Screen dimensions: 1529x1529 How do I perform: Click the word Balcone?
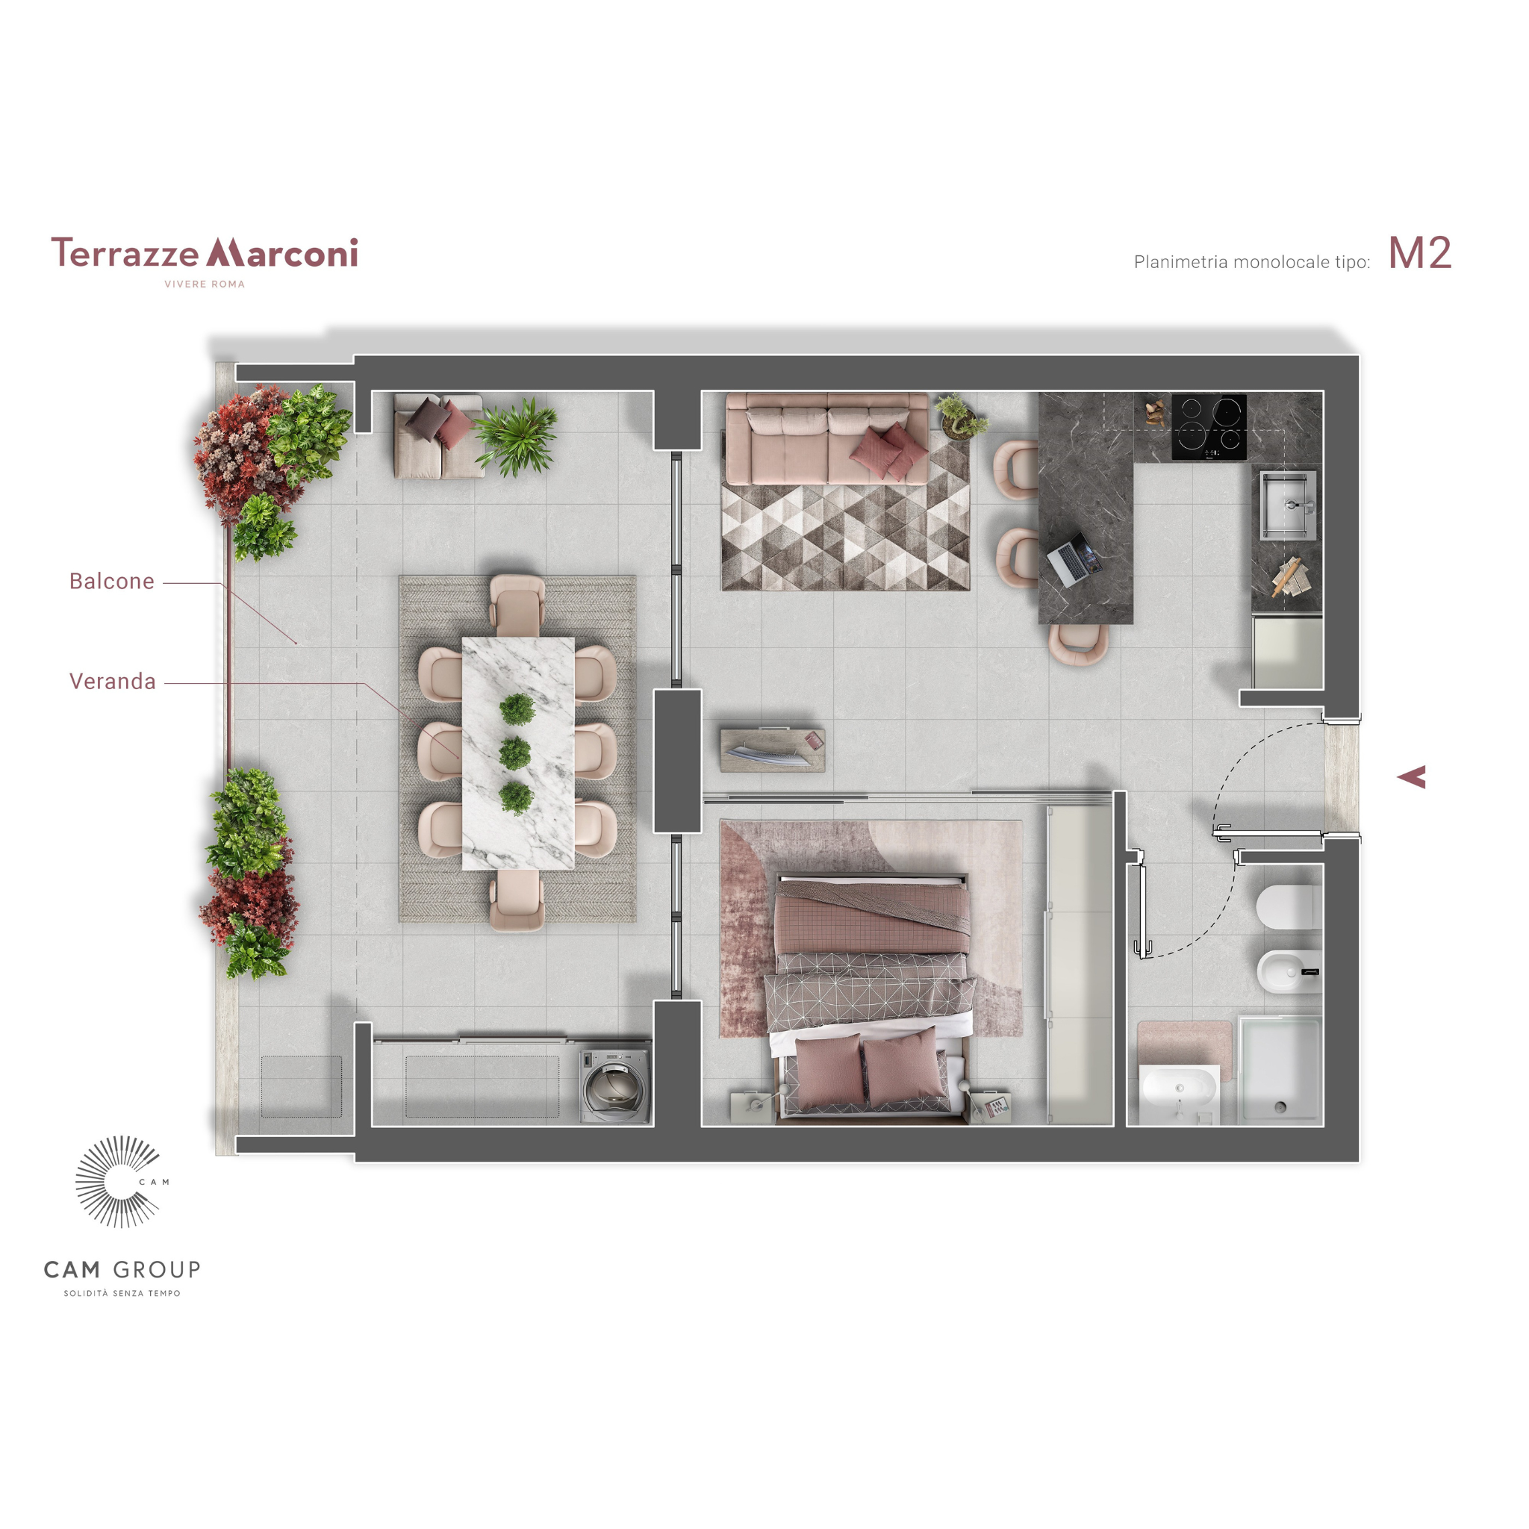click(111, 581)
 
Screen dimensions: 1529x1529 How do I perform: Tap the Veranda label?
click(113, 682)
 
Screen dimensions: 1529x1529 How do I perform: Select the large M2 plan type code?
click(1420, 253)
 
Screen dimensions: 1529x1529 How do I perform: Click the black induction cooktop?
click(1209, 427)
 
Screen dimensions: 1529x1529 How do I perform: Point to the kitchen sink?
click(1289, 505)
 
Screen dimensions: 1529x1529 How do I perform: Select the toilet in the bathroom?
click(1289, 907)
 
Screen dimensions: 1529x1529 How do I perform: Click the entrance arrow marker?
click(1412, 777)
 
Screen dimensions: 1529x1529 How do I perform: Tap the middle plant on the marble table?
click(515, 753)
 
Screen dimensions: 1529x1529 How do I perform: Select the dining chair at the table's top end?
click(517, 605)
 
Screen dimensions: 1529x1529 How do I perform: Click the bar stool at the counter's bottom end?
click(1078, 641)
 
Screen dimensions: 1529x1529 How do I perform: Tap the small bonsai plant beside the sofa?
click(960, 416)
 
